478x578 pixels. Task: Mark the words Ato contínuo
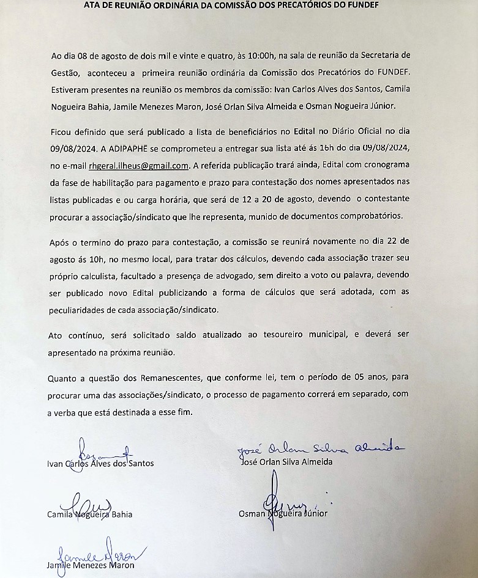click(72, 335)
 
